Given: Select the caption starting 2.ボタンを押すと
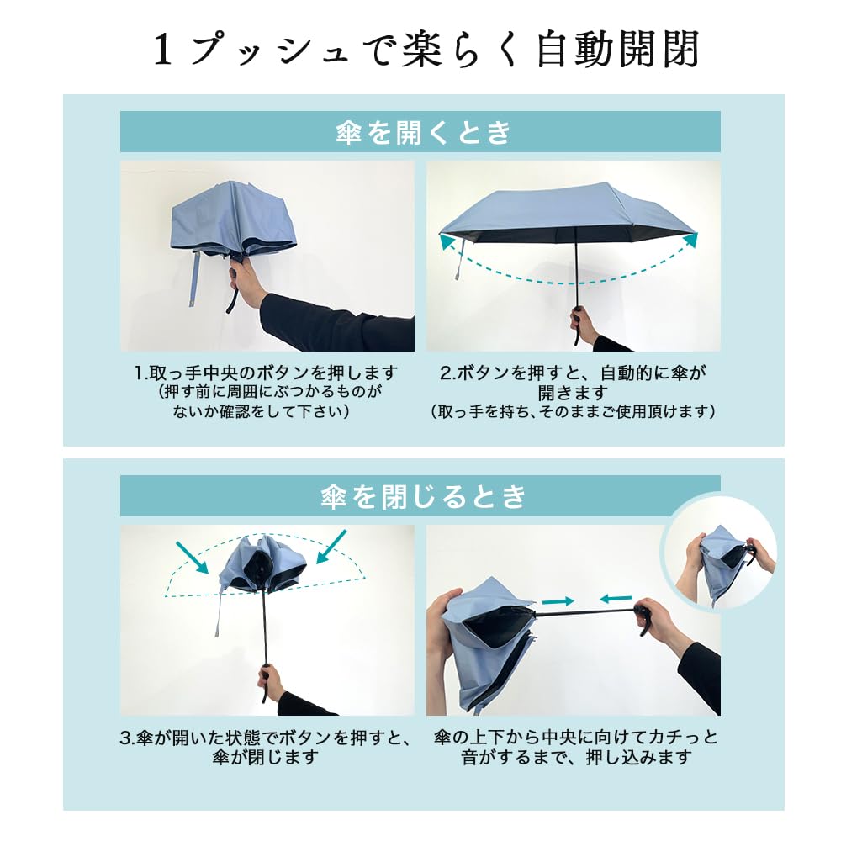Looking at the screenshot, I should [x=573, y=391].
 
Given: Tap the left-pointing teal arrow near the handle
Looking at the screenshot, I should [x=616, y=599].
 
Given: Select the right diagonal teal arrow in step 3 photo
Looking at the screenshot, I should [x=333, y=547].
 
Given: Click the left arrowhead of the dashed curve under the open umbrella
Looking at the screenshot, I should [x=447, y=242].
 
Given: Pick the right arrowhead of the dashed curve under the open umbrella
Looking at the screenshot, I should [x=690, y=241].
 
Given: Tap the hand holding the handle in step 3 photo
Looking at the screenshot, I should [x=270, y=680].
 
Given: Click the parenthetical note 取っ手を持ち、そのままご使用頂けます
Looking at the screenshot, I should [x=573, y=412].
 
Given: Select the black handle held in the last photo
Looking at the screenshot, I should [x=646, y=618].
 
